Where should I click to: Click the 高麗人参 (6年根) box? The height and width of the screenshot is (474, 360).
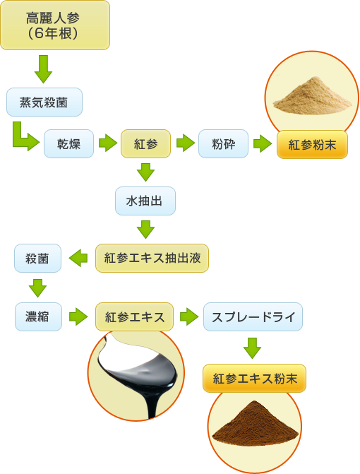tap(55, 25)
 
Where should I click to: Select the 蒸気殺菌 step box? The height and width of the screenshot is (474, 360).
tap(44, 102)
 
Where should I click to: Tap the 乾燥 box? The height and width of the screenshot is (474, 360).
tap(69, 143)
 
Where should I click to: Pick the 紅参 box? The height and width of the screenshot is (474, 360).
tap(145, 143)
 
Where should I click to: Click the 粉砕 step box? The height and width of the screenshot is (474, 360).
tap(223, 143)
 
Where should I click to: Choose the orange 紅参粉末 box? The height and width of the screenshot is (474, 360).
tap(312, 145)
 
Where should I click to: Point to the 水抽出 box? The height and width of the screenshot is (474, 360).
tap(145, 201)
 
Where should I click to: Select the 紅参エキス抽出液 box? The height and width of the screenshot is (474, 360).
tap(152, 258)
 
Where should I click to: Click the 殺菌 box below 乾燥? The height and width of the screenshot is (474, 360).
tap(37, 258)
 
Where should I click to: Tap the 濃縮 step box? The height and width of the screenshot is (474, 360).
tap(38, 316)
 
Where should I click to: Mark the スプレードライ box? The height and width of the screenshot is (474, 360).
tap(253, 316)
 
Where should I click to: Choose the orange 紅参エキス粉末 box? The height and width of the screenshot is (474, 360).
tap(254, 378)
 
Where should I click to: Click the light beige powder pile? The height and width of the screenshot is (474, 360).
tap(313, 97)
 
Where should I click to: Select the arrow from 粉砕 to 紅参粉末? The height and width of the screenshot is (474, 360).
tap(263, 143)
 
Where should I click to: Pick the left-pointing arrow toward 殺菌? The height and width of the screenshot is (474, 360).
tap(78, 258)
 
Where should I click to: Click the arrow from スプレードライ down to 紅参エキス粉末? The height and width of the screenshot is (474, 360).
tap(253, 348)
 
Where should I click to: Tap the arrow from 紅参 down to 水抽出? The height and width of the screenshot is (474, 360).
tap(145, 172)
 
